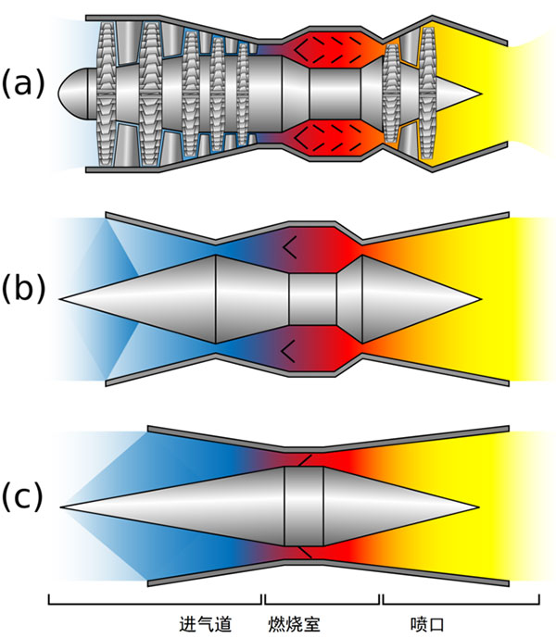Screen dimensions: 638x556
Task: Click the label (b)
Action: (23, 288)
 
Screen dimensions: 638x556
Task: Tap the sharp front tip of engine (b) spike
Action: (63, 299)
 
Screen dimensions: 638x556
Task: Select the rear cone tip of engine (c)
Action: (476, 507)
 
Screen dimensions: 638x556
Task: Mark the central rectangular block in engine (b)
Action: (312, 299)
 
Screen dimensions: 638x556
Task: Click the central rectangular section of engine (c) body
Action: (303, 507)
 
